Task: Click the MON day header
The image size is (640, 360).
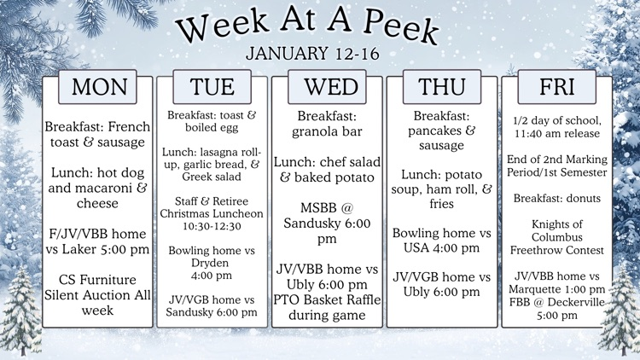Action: click(x=99, y=87)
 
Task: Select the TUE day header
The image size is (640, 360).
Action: click(x=212, y=87)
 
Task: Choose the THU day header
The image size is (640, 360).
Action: click(x=442, y=87)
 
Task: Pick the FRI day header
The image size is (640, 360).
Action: click(x=556, y=87)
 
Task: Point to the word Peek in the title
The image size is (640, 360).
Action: click(x=398, y=30)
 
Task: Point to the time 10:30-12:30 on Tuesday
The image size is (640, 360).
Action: click(x=212, y=225)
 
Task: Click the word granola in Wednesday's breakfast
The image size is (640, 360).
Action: click(x=317, y=131)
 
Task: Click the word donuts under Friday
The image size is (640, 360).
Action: click(x=579, y=198)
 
